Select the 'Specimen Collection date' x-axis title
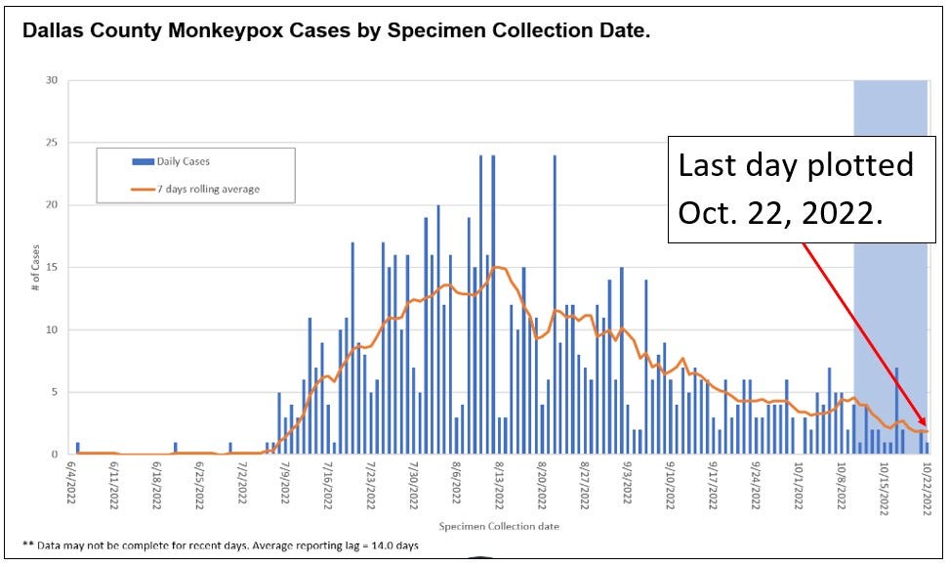click(498, 527)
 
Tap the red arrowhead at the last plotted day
click(923, 428)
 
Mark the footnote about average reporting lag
click(221, 544)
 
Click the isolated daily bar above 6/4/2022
click(78, 449)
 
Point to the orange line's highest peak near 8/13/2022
click(497, 267)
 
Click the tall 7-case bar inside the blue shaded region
click(896, 411)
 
